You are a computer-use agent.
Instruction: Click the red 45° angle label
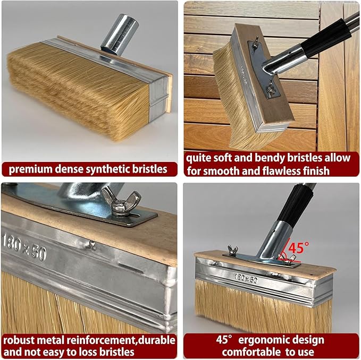pos(299,247)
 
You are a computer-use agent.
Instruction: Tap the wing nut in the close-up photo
pos(121,201)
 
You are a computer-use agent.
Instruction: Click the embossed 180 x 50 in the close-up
pos(24,247)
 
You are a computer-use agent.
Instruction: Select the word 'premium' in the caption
pos(30,170)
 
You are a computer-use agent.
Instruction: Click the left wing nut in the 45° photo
pos(232,250)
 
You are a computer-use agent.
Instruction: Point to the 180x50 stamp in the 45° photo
pos(246,278)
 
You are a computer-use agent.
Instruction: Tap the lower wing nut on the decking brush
pos(270,89)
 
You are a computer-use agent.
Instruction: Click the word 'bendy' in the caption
pos(270,158)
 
